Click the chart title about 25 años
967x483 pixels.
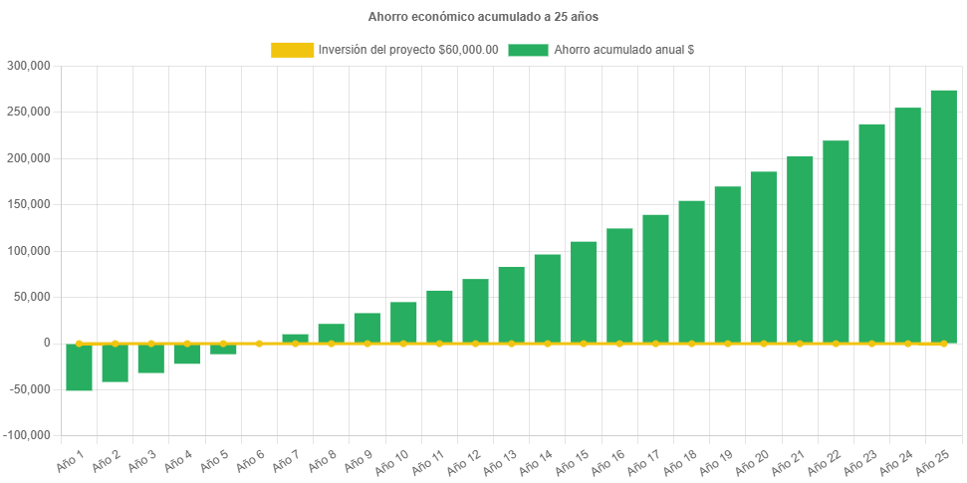(483, 17)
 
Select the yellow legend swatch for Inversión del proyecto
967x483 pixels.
(292, 50)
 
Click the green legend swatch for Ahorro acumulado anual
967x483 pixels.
(528, 50)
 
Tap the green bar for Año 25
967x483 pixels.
(943, 216)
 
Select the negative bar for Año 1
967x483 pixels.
(79, 366)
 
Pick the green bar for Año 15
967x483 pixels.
(584, 292)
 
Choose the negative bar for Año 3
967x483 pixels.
(150, 359)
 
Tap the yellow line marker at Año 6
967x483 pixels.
(259, 344)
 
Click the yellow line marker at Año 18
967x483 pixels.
(691, 344)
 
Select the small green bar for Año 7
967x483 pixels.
(295, 338)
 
